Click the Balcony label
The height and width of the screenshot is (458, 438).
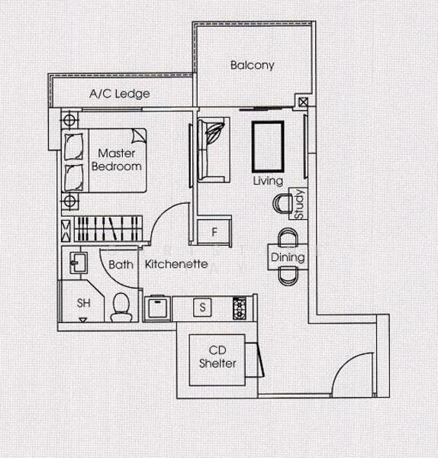(x=252, y=66)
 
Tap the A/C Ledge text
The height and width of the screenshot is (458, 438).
(x=119, y=95)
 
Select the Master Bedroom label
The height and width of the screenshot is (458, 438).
(x=117, y=160)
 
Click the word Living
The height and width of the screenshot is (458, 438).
(x=269, y=181)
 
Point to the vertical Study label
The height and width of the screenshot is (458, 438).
(x=299, y=204)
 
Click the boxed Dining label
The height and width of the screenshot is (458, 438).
(x=288, y=257)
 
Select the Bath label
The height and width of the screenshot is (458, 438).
(x=121, y=265)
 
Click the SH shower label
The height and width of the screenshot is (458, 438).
(x=84, y=303)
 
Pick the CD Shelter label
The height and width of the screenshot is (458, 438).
(x=217, y=357)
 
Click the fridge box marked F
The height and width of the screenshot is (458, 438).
(x=214, y=231)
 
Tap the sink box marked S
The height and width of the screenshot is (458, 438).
(x=202, y=308)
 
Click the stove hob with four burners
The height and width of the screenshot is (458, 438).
(x=240, y=308)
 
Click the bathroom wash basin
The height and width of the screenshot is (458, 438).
(x=78, y=263)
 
